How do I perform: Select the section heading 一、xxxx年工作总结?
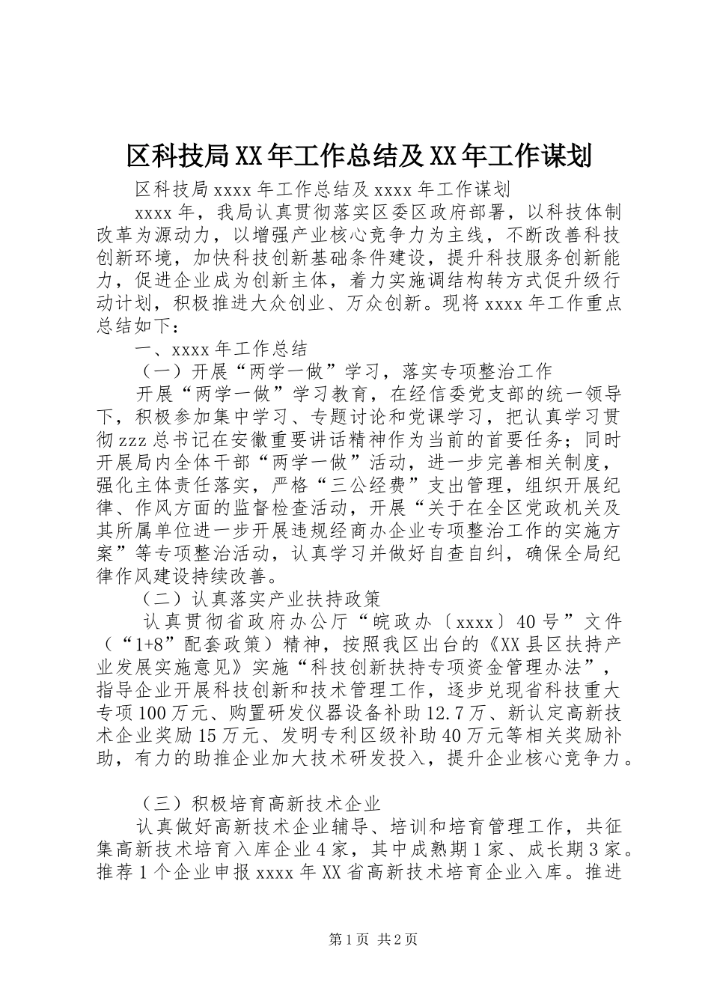coord(222,349)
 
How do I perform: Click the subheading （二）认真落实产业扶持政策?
coord(261,599)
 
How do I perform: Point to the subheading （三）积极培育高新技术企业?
coord(261,804)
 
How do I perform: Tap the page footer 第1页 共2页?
coord(373,941)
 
